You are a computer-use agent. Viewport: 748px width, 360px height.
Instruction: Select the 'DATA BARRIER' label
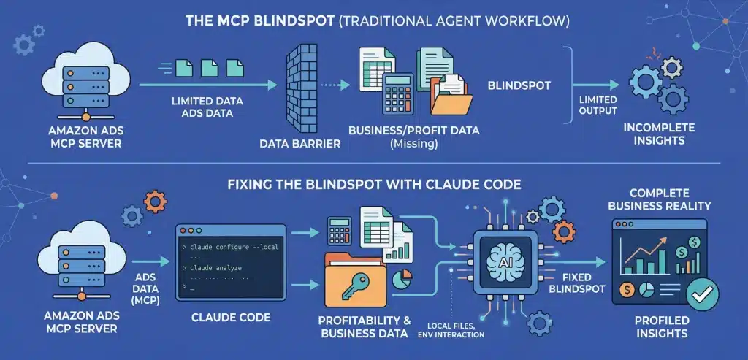300,144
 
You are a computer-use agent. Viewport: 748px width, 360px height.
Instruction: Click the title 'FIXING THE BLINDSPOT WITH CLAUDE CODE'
374,185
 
